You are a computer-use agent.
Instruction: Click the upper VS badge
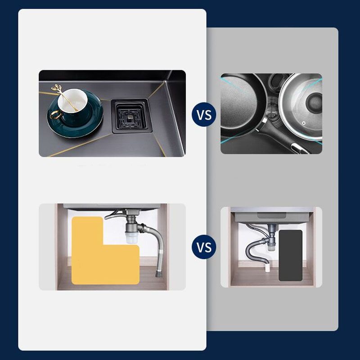[x=204, y=114]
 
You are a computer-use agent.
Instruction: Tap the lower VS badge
[x=204, y=247]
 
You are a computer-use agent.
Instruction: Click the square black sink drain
[x=130, y=115]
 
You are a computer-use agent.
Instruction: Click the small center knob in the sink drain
[x=130, y=115]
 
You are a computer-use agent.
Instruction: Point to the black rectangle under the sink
[x=290, y=255]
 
